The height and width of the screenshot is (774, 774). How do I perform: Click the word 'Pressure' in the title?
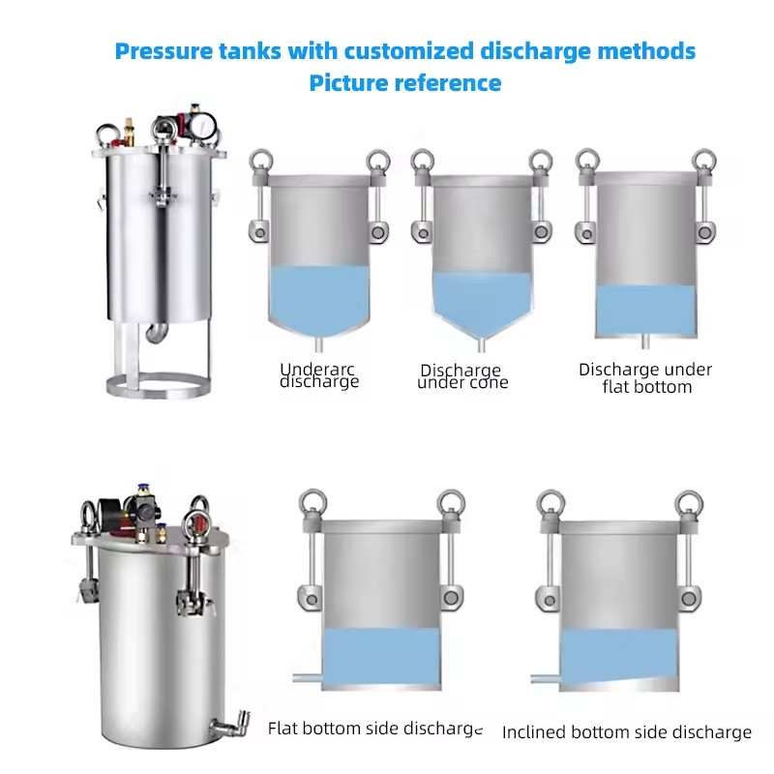(x=164, y=51)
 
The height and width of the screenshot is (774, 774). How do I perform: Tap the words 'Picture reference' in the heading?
(x=405, y=83)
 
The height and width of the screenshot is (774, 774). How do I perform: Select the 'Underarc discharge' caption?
(x=319, y=375)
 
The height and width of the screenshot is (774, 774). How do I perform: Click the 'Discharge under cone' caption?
(x=462, y=376)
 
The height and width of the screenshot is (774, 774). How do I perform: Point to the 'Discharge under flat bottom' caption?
(x=645, y=378)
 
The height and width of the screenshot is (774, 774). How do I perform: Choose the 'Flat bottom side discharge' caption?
(x=375, y=729)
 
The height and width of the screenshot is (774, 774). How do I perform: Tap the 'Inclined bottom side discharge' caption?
(x=627, y=732)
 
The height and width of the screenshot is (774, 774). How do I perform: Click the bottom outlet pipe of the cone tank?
(x=481, y=344)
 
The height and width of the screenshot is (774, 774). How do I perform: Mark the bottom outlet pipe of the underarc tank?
(x=319, y=344)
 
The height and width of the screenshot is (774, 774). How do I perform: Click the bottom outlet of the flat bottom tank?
(x=644, y=342)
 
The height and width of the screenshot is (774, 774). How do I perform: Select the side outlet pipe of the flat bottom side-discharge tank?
(x=308, y=678)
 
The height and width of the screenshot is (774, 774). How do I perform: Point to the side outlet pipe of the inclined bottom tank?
(x=546, y=680)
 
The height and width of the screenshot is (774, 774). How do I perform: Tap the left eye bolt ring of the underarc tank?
(x=261, y=161)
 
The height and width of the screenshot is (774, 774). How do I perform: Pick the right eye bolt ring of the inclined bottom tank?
(x=689, y=503)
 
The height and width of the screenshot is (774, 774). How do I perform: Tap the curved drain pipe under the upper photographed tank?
(x=157, y=332)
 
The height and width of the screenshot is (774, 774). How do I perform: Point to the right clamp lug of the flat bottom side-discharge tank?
(x=451, y=597)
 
